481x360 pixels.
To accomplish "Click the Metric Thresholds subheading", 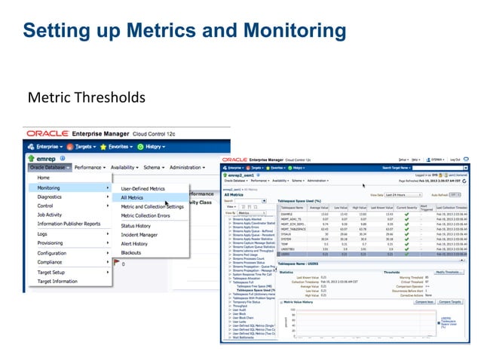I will coord(86,98).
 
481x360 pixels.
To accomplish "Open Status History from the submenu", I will coord(136,225).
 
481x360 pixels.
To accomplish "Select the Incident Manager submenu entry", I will coord(139,234).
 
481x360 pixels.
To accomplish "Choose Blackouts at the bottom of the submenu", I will coord(131,252).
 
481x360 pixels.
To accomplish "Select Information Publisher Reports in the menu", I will coord(69,224).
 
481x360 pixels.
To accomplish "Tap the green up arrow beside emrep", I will coord(31,159).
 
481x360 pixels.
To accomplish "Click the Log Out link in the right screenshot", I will coord(455,160).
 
